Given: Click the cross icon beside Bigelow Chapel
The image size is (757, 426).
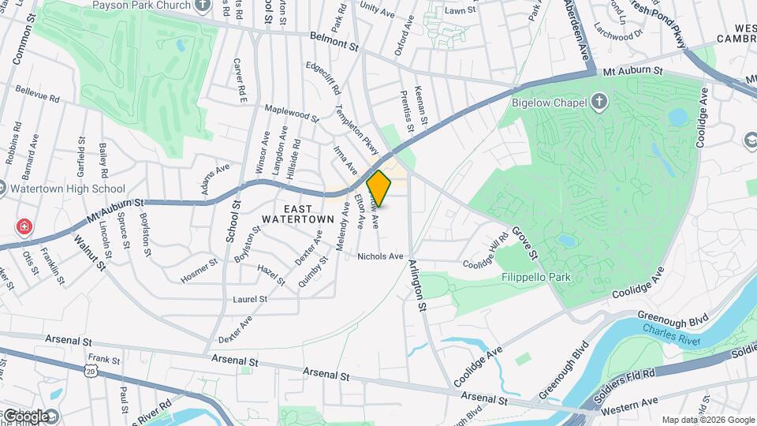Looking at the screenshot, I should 599,102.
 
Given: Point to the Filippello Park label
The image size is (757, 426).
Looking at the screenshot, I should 535,278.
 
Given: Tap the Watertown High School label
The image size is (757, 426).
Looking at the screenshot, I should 67,189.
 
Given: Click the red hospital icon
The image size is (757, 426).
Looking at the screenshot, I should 25,227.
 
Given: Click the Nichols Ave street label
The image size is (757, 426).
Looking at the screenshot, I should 380,256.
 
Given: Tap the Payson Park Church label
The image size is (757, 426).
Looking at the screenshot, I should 142,5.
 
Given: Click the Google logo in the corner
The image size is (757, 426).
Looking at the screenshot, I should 26,415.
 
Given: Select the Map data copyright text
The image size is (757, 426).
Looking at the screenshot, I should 707,420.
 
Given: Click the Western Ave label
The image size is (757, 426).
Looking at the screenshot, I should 628,403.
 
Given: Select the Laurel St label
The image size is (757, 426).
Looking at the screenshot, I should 250,300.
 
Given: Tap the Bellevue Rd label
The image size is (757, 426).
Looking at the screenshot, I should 37,95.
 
